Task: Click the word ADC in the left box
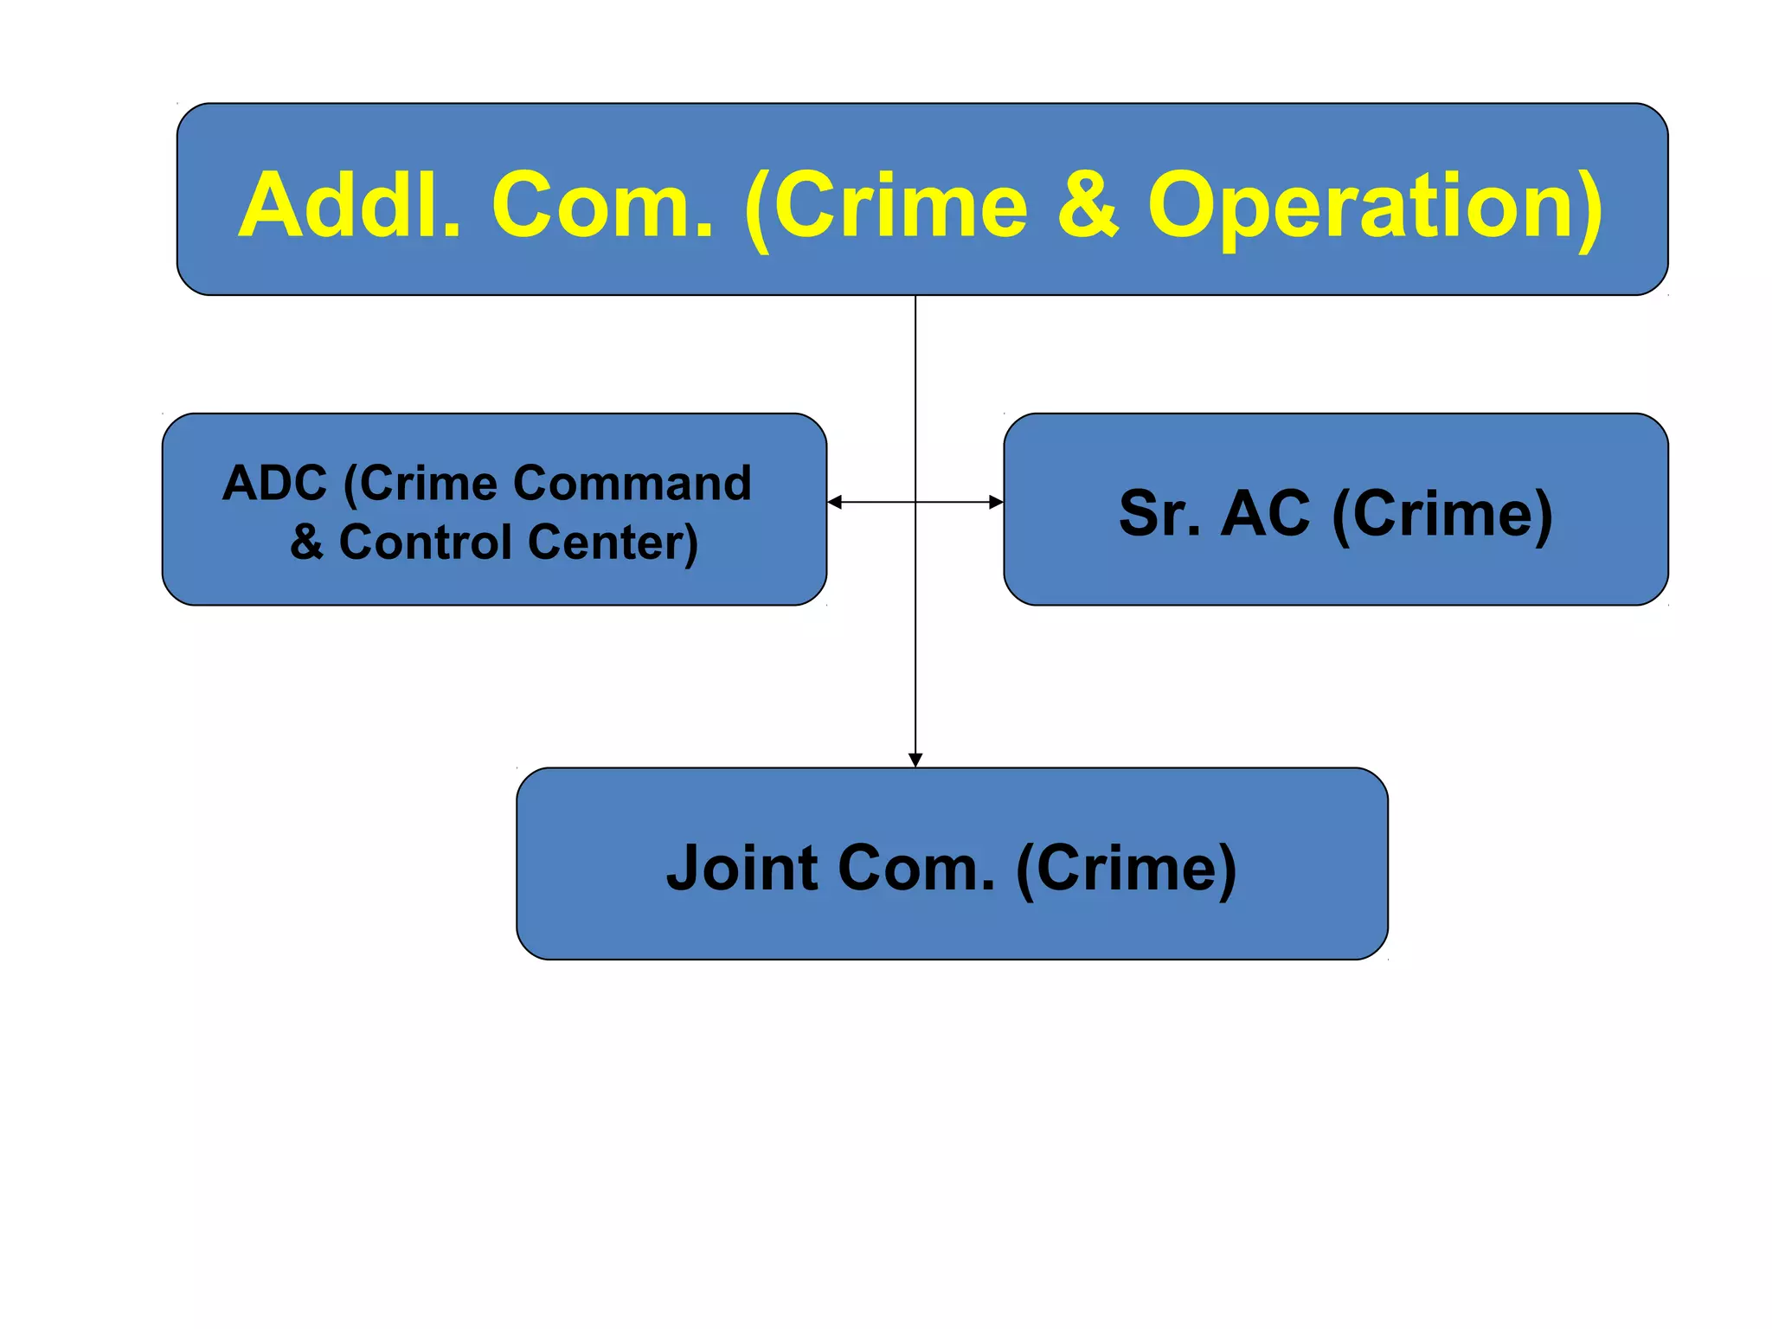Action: [x=274, y=483]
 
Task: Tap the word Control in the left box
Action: [x=425, y=543]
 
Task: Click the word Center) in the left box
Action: [x=613, y=543]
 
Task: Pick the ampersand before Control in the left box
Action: [x=306, y=543]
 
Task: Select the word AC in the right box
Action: [x=1264, y=513]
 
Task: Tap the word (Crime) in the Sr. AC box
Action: [x=1442, y=515]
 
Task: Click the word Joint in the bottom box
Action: [x=742, y=868]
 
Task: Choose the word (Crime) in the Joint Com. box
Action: [x=1126, y=870]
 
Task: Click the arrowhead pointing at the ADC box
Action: [x=834, y=502]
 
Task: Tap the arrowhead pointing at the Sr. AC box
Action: [x=996, y=502]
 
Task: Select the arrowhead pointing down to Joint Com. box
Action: [x=915, y=760]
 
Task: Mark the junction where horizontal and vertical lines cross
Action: [x=915, y=502]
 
